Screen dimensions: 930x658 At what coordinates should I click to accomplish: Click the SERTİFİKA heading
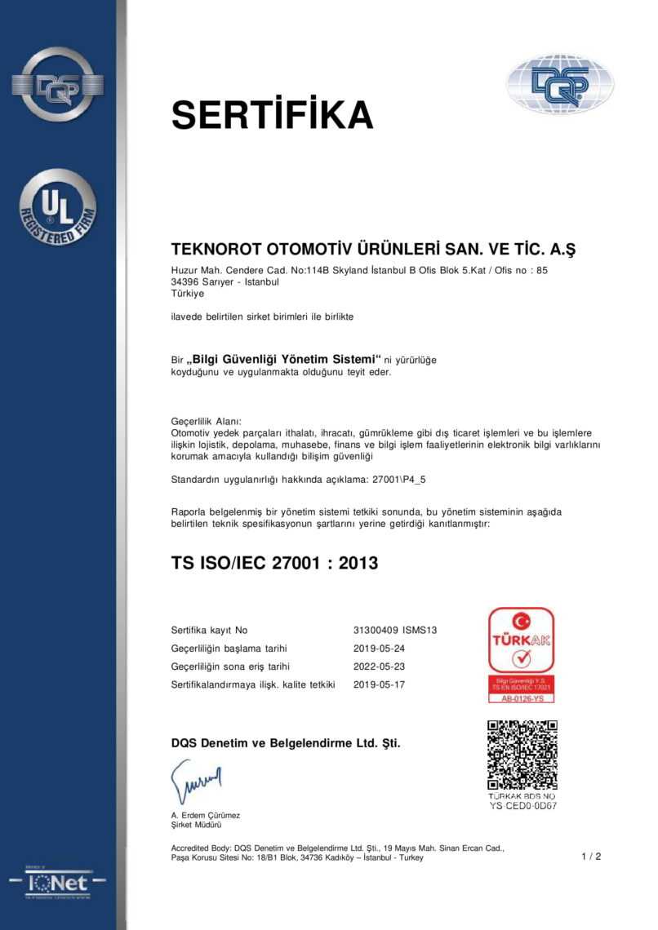(272, 115)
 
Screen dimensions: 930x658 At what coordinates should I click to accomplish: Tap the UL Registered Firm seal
(58, 208)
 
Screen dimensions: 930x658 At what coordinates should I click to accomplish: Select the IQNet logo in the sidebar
(58, 883)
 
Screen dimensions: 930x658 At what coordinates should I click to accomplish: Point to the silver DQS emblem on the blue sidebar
(58, 84)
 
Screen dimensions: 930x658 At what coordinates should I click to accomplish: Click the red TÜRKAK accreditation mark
(521, 655)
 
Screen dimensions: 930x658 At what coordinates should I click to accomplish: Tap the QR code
(522, 755)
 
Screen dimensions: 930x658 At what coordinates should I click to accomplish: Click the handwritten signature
(196, 782)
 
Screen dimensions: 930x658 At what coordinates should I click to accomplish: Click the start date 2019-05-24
(379, 649)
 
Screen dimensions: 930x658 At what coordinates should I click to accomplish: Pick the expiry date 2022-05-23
(379, 666)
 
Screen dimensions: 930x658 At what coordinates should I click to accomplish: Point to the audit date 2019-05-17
(379, 684)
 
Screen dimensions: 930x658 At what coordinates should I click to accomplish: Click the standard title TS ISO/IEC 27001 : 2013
(274, 563)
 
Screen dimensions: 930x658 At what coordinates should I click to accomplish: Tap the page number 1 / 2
(591, 857)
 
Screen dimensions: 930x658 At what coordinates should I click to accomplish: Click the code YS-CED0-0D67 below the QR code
(522, 806)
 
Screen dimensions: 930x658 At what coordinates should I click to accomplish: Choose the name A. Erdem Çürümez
(206, 815)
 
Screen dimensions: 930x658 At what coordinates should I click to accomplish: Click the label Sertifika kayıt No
(209, 631)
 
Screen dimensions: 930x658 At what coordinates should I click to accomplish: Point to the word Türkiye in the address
(188, 294)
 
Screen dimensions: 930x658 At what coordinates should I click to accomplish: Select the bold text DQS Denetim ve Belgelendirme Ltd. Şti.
(286, 743)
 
